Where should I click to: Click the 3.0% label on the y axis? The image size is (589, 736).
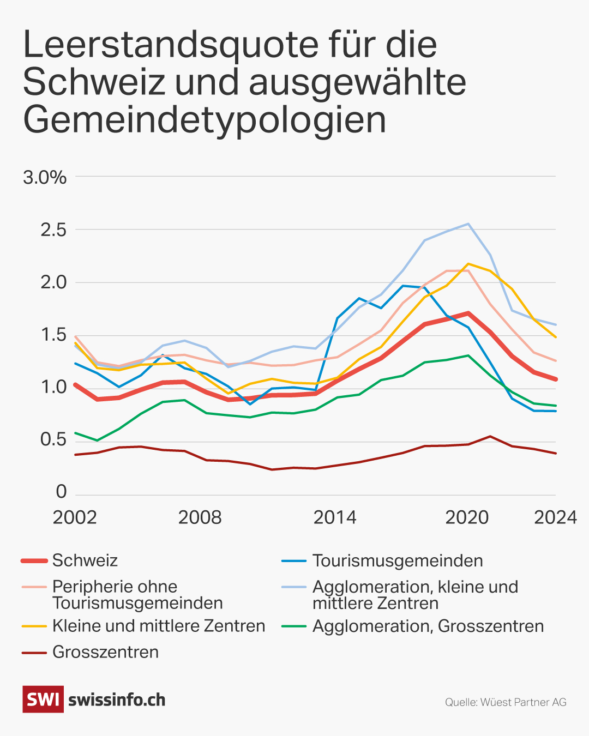[x=45, y=177]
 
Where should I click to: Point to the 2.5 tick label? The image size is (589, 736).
[x=53, y=230]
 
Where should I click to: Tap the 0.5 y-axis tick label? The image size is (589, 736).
[x=53, y=439]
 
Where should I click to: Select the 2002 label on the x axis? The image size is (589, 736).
[x=75, y=517]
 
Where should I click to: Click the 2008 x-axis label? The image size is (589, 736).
[x=200, y=517]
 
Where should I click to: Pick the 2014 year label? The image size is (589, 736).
[x=335, y=517]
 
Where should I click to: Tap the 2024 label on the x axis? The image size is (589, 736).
[x=555, y=517]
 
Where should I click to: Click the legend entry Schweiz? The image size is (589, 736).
[x=85, y=560]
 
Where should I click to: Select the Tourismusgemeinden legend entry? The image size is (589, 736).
[x=398, y=560]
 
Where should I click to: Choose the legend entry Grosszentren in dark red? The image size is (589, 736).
[x=105, y=652]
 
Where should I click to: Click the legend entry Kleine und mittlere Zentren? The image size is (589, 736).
[x=159, y=626]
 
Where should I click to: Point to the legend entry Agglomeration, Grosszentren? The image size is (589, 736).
[x=428, y=626]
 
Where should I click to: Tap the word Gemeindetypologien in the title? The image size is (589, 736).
[x=205, y=120]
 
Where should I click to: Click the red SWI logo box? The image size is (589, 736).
[x=43, y=699]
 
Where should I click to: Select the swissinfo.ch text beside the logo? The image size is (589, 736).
[x=117, y=699]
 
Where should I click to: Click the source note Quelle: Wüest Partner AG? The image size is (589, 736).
[x=506, y=702]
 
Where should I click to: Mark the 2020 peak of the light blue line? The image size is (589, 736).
[x=468, y=224]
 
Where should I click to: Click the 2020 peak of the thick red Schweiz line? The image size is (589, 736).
[x=468, y=313]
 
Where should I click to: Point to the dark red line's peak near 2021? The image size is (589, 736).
[x=490, y=436]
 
